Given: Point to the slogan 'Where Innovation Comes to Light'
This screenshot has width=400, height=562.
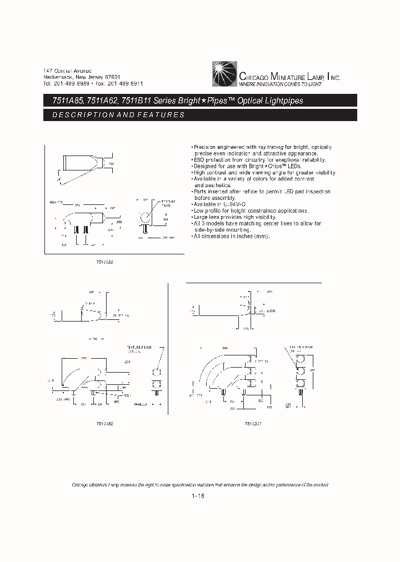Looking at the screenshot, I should click(280, 84).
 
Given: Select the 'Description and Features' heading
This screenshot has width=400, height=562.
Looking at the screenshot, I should click(118, 115).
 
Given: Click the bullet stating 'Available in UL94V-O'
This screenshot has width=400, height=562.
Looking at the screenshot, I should click(217, 204).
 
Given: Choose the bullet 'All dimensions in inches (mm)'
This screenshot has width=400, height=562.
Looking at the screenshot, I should click(230, 237).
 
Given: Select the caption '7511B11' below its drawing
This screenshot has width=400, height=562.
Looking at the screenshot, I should click(253, 423).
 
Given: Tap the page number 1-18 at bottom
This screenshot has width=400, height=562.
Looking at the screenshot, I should click(198, 497).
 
